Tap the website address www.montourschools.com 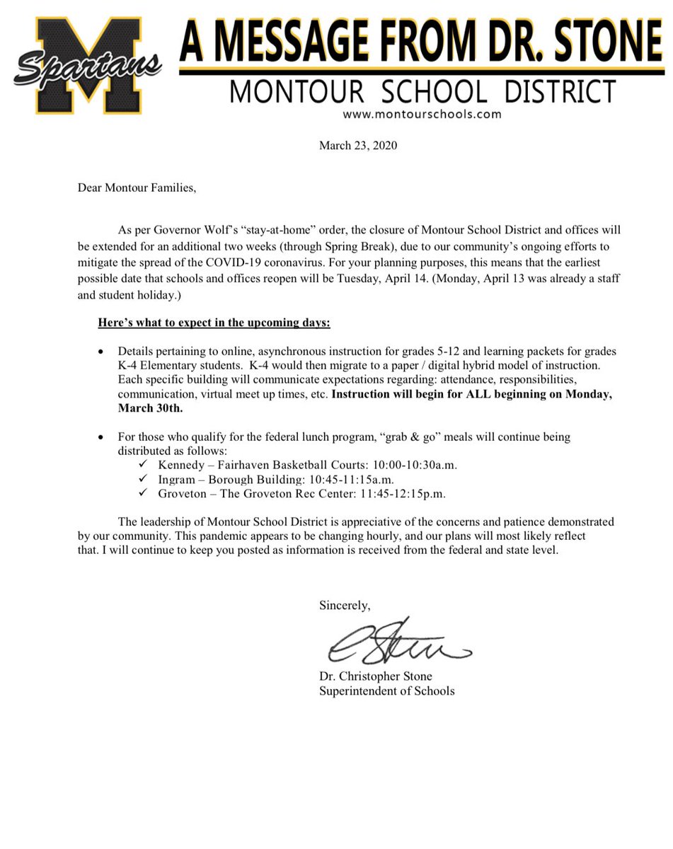[422, 114]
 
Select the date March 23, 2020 [358, 146]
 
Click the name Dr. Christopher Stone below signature [385, 676]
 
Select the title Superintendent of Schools [386, 691]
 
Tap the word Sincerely [345, 606]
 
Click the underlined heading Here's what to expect [214, 323]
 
